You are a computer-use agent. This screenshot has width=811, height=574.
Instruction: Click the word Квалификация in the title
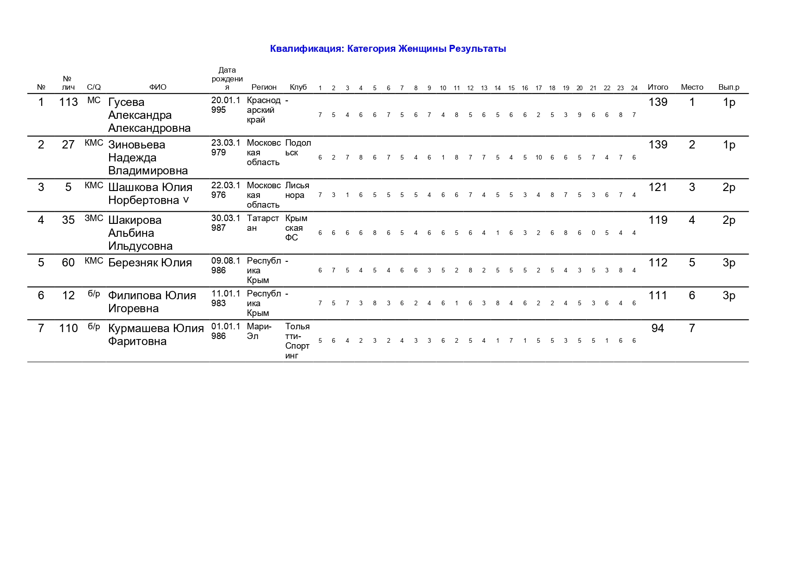307,49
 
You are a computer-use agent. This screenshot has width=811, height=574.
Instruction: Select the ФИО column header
158,87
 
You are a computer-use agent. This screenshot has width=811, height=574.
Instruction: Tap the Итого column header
657,87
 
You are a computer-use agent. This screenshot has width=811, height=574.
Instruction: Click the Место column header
692,87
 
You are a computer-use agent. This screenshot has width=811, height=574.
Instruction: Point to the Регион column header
264,87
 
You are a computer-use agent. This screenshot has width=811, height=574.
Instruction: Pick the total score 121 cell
657,187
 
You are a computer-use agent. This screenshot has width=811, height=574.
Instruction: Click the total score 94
657,328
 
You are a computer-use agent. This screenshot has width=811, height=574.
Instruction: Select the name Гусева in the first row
126,102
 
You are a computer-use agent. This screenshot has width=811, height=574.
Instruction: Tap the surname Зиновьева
136,145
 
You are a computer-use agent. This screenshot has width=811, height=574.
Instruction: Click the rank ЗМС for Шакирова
94,218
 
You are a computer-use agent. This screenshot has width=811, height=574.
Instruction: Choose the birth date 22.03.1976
226,190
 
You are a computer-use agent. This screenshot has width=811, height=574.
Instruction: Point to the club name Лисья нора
297,190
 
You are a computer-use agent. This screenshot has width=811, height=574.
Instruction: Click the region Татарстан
263,223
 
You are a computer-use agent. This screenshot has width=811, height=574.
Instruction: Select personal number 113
68,102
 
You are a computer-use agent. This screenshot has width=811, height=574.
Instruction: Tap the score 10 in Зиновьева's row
539,158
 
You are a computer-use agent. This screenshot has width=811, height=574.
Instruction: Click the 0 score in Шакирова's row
593,233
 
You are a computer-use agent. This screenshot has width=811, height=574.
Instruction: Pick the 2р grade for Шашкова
729,187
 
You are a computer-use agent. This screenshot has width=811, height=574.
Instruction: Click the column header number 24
634,88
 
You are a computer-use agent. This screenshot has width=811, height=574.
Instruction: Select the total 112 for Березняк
657,263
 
